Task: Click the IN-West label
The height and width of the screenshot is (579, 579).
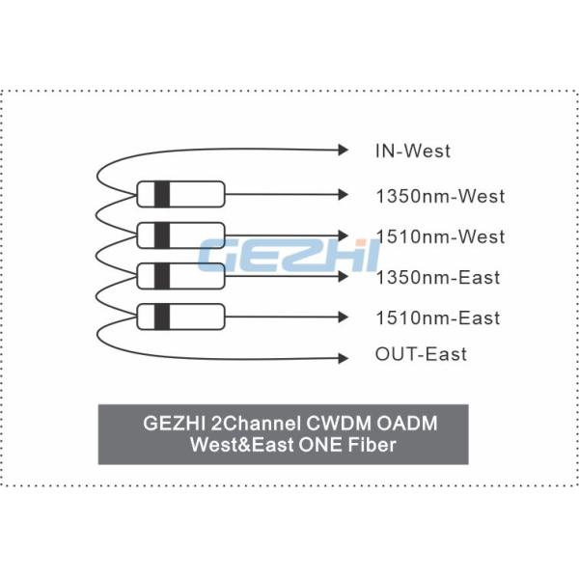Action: pyautogui.click(x=412, y=151)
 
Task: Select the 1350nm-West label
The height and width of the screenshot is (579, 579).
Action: pyautogui.click(x=439, y=197)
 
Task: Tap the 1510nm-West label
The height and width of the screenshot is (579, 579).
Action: pyautogui.click(x=439, y=236)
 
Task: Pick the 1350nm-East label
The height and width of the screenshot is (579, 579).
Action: pyautogui.click(x=437, y=278)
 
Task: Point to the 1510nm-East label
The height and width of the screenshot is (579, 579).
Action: pyautogui.click(x=437, y=317)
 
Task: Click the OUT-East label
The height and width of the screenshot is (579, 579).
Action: pyautogui.click(x=421, y=354)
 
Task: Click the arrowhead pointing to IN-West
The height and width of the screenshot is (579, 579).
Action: pyautogui.click(x=342, y=150)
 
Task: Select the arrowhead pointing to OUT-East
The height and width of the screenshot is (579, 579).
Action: pyautogui.click(x=342, y=359)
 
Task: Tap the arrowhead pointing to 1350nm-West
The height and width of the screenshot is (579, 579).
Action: pyautogui.click(x=342, y=195)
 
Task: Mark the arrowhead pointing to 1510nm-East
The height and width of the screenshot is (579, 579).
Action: pyautogui.click(x=342, y=317)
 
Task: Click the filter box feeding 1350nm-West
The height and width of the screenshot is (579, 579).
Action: pyautogui.click(x=180, y=194)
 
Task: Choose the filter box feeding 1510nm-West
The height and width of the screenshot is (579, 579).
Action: pyautogui.click(x=180, y=234)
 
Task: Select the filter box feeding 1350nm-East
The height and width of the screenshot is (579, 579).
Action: pyautogui.click(x=180, y=275)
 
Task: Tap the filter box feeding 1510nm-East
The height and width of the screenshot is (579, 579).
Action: pyautogui.click(x=180, y=316)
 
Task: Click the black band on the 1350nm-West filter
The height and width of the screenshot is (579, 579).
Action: pyautogui.click(x=162, y=194)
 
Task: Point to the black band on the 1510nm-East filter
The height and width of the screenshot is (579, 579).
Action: pyautogui.click(x=162, y=316)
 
